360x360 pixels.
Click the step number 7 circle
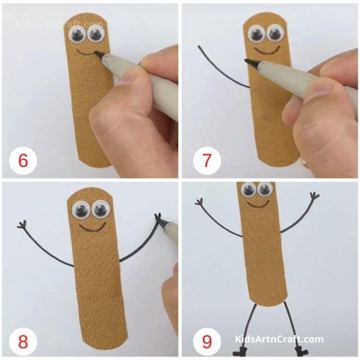pyautogui.click(x=207, y=161)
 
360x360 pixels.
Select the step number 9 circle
pyautogui.click(x=207, y=341)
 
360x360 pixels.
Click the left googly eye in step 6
pyautogui.click(x=77, y=34)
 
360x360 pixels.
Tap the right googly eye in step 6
pyautogui.click(x=95, y=34)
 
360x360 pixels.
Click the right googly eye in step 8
pyautogui.click(x=100, y=210)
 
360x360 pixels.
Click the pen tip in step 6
pyautogui.click(x=98, y=55)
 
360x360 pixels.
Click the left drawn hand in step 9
pyautogui.click(x=200, y=202)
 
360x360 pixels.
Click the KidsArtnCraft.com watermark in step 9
pyautogui.click(x=279, y=339)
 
